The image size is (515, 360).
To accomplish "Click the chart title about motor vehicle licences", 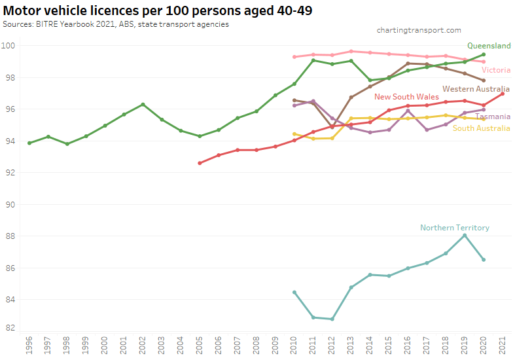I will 157,11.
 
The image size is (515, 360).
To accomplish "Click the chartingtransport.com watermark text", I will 419,30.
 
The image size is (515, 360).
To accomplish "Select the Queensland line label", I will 489,46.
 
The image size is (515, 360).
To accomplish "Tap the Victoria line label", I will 495,70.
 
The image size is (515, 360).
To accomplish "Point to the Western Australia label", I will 476,89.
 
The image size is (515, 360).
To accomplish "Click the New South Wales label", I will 406,97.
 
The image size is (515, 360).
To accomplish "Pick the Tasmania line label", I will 492,117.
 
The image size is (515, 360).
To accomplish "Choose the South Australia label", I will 481,128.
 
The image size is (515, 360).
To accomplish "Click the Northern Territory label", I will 454,228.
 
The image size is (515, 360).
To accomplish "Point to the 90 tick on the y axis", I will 10,204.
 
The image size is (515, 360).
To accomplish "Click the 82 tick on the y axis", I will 10,327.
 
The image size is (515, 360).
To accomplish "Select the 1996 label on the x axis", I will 29,345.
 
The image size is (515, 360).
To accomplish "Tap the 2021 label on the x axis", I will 502,345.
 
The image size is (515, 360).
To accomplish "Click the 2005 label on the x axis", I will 200,345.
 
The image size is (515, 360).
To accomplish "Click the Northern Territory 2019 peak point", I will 464,236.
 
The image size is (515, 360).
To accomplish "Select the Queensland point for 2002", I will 143,105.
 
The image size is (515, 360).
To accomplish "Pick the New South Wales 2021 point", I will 502,94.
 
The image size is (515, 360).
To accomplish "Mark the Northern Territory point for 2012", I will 332,319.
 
